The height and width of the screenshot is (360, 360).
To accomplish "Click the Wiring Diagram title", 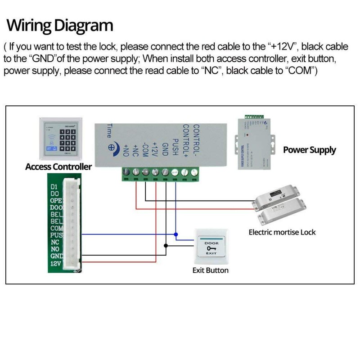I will (59, 25).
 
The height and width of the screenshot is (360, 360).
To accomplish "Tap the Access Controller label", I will (58, 167).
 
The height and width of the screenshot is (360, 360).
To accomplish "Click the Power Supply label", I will (309, 150).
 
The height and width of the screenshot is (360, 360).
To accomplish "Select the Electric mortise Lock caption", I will (282, 232).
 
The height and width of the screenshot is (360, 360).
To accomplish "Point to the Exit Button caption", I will (210, 270).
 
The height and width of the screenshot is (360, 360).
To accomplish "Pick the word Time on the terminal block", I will (109, 130).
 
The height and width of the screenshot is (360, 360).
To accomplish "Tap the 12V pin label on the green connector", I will (55, 263).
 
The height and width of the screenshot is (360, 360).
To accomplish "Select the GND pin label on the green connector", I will (56, 256).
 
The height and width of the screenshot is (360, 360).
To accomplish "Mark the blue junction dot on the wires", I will (176, 234).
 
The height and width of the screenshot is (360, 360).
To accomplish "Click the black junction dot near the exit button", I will (166, 246).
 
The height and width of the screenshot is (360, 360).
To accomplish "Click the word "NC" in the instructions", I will (212, 72).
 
